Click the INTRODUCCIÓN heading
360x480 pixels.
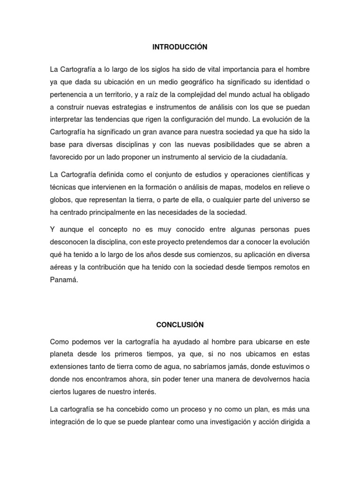(180, 47)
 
